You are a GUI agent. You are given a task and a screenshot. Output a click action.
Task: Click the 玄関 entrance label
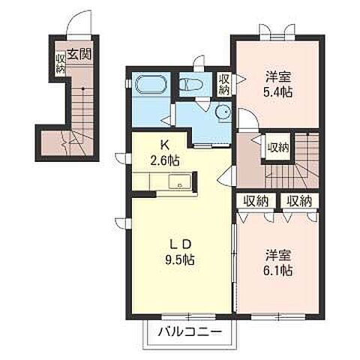tap(79, 54)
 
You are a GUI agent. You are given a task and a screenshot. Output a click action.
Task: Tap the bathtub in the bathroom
tap(151, 84)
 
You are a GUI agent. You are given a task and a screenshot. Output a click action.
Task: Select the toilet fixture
tap(192, 84)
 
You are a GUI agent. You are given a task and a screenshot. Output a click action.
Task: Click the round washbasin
tap(223, 112)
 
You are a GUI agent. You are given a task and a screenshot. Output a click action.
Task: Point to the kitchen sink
tap(180, 181)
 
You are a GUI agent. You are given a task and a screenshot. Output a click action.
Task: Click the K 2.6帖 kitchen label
tap(164, 153)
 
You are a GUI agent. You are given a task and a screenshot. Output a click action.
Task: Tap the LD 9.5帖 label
tap(179, 252)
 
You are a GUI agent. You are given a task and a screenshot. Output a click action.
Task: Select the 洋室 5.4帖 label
tap(278, 85)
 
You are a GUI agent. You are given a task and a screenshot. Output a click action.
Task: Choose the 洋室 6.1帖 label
tap(278, 262)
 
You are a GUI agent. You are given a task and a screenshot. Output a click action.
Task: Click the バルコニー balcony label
tap(190, 331)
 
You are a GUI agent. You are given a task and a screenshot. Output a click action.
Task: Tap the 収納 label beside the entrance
tap(60, 64)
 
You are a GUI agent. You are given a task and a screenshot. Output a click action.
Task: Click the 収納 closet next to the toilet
tap(224, 85)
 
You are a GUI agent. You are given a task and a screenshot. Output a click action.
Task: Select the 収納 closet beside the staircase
tap(278, 148)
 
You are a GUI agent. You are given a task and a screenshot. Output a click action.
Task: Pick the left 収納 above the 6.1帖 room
tap(256, 201)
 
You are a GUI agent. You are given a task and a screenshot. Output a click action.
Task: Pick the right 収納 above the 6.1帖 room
tap(299, 201)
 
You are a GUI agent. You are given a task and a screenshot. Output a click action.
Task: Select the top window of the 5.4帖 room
tap(277, 37)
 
